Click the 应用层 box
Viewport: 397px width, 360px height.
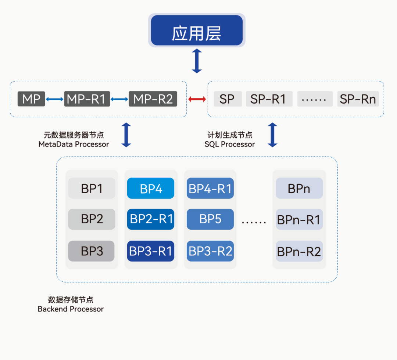[197, 30]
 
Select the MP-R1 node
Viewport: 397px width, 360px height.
[87, 99]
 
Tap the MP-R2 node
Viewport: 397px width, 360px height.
[153, 99]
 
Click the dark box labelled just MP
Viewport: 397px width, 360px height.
[31, 99]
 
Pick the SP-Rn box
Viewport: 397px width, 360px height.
[358, 99]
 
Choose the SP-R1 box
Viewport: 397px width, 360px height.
[269, 99]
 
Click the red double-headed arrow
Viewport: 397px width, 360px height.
[197, 99]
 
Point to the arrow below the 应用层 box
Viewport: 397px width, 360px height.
[197, 61]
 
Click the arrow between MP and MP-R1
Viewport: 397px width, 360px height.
[55, 99]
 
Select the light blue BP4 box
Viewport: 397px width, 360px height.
[151, 188]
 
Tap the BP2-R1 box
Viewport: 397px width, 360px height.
[151, 219]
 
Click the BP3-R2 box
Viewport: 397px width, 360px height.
[210, 251]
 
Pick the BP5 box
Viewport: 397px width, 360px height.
[210, 219]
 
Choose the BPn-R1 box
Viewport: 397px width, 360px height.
[299, 220]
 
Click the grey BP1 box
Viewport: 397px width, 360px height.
[92, 188]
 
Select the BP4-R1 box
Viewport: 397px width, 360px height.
[210, 188]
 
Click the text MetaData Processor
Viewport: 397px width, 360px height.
[74, 144]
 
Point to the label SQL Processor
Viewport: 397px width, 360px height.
[230, 144]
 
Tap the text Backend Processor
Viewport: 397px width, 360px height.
[71, 309]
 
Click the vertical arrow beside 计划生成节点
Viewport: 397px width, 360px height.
[272, 135]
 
